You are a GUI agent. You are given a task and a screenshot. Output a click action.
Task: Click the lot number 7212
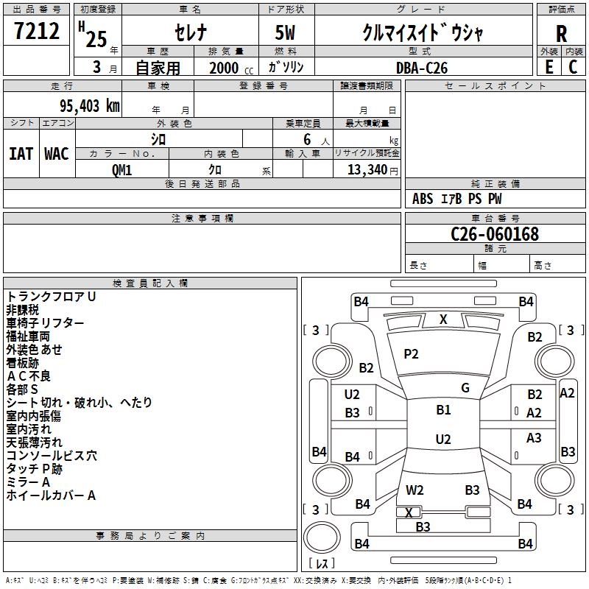37,31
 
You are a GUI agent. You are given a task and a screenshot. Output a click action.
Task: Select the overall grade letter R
561,34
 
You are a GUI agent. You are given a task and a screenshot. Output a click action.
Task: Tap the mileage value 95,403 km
90,106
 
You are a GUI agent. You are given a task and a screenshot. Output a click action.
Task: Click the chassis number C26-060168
495,234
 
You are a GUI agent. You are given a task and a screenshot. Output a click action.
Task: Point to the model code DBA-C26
422,68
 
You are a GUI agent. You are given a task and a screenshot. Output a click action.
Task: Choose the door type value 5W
285,32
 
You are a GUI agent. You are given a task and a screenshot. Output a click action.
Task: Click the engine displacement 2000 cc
231,68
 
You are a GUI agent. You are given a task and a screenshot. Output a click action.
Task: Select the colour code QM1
121,170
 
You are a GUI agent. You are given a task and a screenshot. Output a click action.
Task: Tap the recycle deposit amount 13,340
367,170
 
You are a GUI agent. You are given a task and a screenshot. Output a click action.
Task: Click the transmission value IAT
21,154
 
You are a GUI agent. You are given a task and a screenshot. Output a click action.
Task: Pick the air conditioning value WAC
57,154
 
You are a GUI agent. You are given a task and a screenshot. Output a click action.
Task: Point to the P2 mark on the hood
411,354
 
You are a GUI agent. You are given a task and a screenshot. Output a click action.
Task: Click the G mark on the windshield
465,388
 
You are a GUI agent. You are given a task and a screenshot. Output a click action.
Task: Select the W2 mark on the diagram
415,490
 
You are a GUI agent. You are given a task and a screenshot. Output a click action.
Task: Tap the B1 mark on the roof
443,410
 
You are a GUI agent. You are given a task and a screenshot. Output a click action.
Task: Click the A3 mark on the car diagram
534,438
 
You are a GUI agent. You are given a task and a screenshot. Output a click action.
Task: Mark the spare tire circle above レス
322,537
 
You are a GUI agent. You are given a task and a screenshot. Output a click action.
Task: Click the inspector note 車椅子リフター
45,323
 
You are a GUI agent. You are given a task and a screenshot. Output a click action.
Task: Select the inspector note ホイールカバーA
51,495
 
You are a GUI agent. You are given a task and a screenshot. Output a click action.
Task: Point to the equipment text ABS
423,199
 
